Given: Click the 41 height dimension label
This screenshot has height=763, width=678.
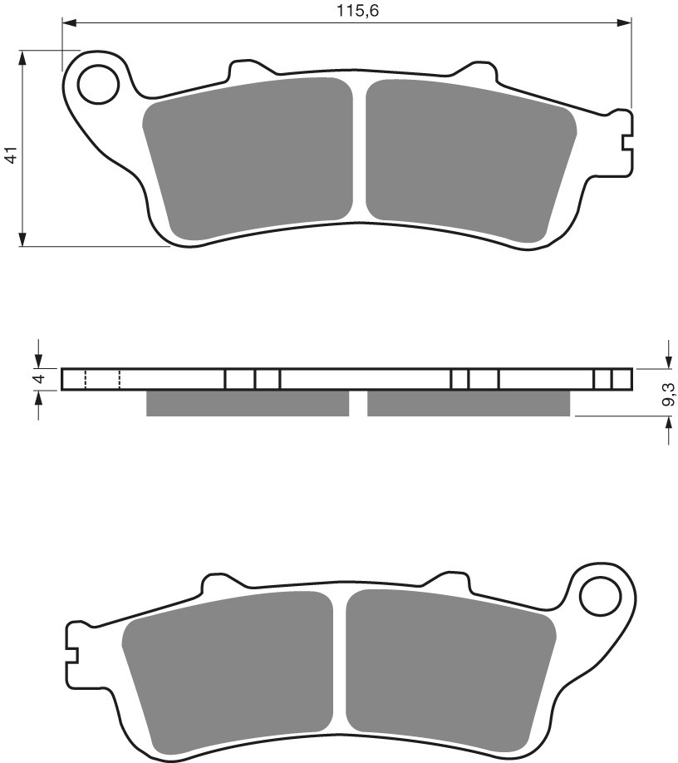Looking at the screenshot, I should pyautogui.click(x=11, y=154).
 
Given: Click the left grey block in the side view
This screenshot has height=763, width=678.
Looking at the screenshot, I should pyautogui.click(x=247, y=403).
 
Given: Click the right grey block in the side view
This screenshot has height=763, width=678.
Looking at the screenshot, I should pyautogui.click(x=469, y=403).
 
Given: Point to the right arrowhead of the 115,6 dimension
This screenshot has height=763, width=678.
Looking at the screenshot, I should pyautogui.click(x=626, y=23).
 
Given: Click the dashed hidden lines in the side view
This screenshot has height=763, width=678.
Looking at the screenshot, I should pyautogui.click(x=102, y=379).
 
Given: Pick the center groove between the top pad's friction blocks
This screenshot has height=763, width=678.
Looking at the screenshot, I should pyautogui.click(x=359, y=150).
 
